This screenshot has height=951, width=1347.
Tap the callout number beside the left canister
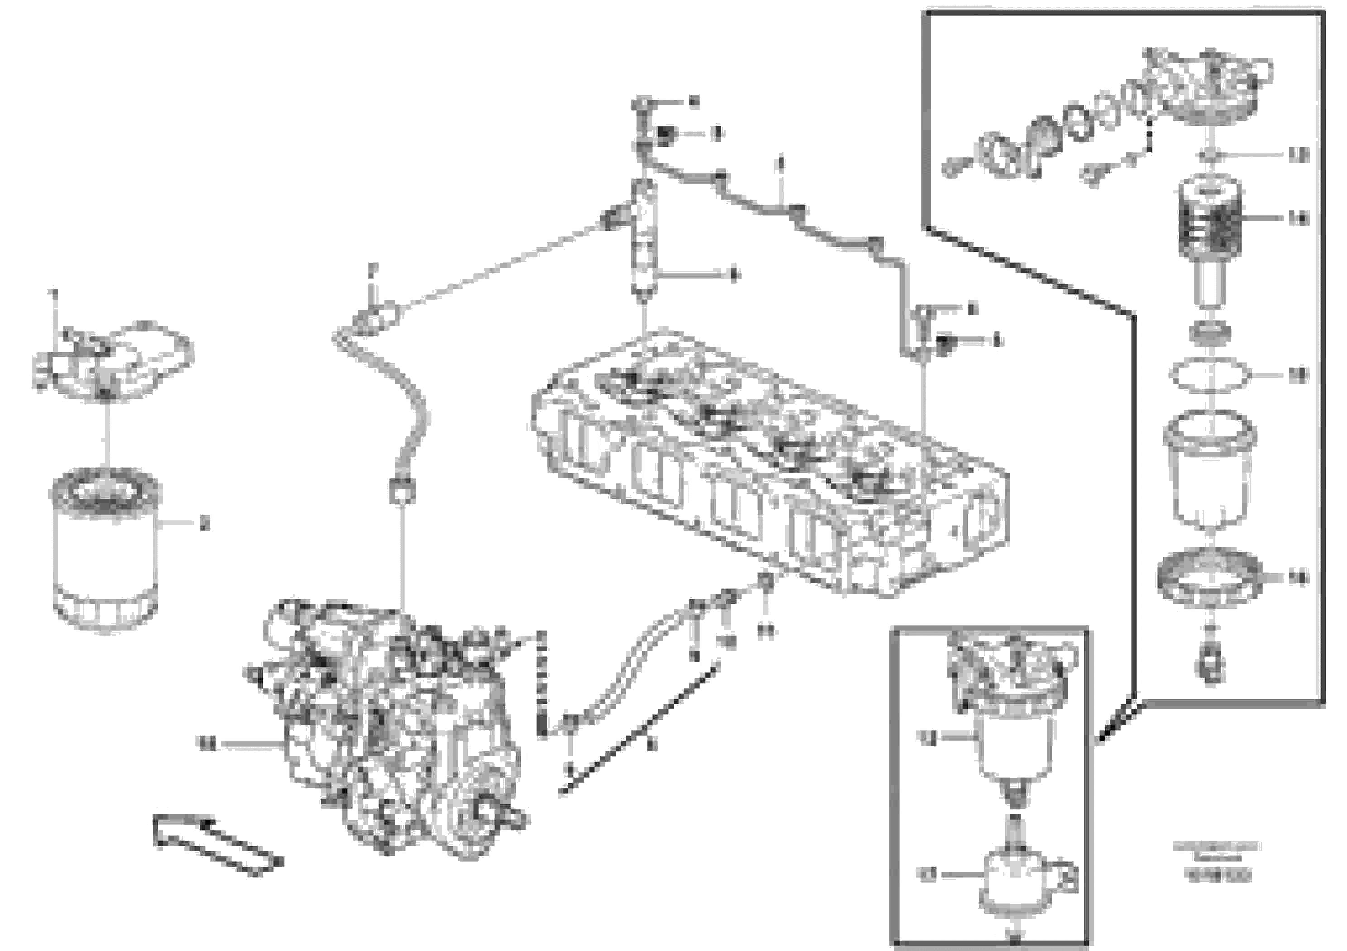click(x=204, y=523)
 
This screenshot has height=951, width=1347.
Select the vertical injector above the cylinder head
click(x=644, y=240)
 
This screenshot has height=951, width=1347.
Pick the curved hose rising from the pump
click(x=393, y=399)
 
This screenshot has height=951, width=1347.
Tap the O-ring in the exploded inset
click(x=1208, y=375)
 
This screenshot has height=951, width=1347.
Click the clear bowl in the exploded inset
click(x=1210, y=469)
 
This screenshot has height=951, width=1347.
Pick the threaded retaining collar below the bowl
click(x=1210, y=577)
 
